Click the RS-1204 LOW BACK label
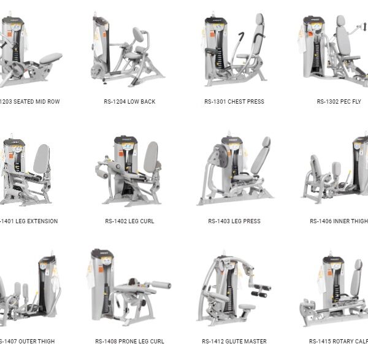pyautogui.click(x=129, y=102)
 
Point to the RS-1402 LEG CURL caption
pyautogui.click(x=130, y=221)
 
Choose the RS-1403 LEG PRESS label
pyautogui.click(x=234, y=221)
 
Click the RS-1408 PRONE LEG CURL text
pyautogui.click(x=129, y=341)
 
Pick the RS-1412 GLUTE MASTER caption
pyautogui.click(x=234, y=341)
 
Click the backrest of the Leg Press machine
pyautogui.click(x=263, y=156)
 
